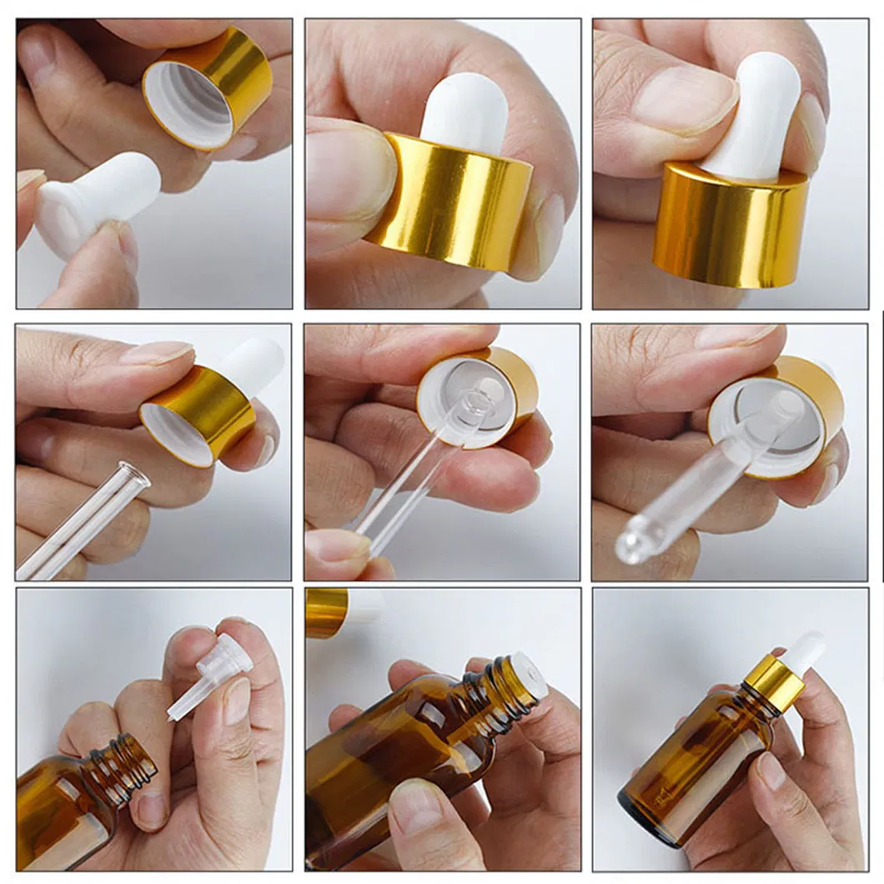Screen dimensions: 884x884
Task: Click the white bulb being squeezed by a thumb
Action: click(x=755, y=117)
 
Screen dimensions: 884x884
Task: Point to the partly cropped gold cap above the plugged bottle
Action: click(x=327, y=611)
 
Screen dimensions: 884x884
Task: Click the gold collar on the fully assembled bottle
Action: click(x=774, y=682)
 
